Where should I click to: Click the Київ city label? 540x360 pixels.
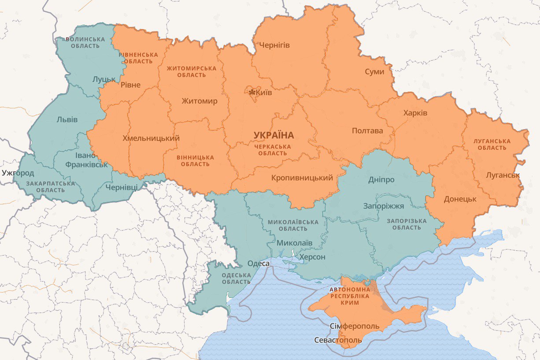264,93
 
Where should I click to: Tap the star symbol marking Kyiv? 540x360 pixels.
252,93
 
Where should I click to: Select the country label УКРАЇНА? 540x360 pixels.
274,135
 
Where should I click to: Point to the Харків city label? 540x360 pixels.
415,113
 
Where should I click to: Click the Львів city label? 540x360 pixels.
67,120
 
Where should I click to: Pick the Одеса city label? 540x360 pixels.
259,264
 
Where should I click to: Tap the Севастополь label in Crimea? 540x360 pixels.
338,340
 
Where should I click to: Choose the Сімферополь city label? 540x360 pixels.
354,326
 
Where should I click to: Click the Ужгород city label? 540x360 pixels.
18,173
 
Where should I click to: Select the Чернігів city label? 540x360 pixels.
274,45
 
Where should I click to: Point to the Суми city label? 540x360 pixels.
374,72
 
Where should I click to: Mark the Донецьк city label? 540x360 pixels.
460,199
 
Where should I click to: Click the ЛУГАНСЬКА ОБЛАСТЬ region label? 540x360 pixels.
492,145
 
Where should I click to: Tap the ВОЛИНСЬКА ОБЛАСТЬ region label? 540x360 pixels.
85,42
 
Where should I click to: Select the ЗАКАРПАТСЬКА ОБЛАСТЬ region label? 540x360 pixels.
50,186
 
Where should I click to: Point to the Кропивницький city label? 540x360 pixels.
302,178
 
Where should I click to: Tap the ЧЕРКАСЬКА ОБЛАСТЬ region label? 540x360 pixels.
273,150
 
